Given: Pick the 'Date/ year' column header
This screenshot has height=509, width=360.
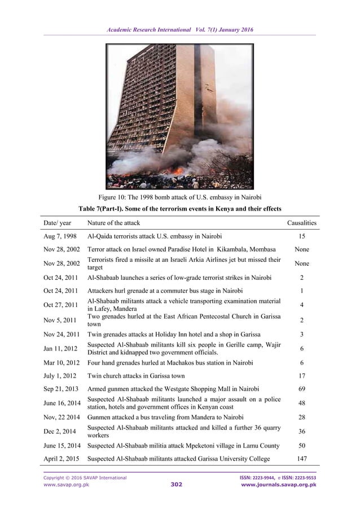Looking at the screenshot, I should (x=58, y=223).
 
